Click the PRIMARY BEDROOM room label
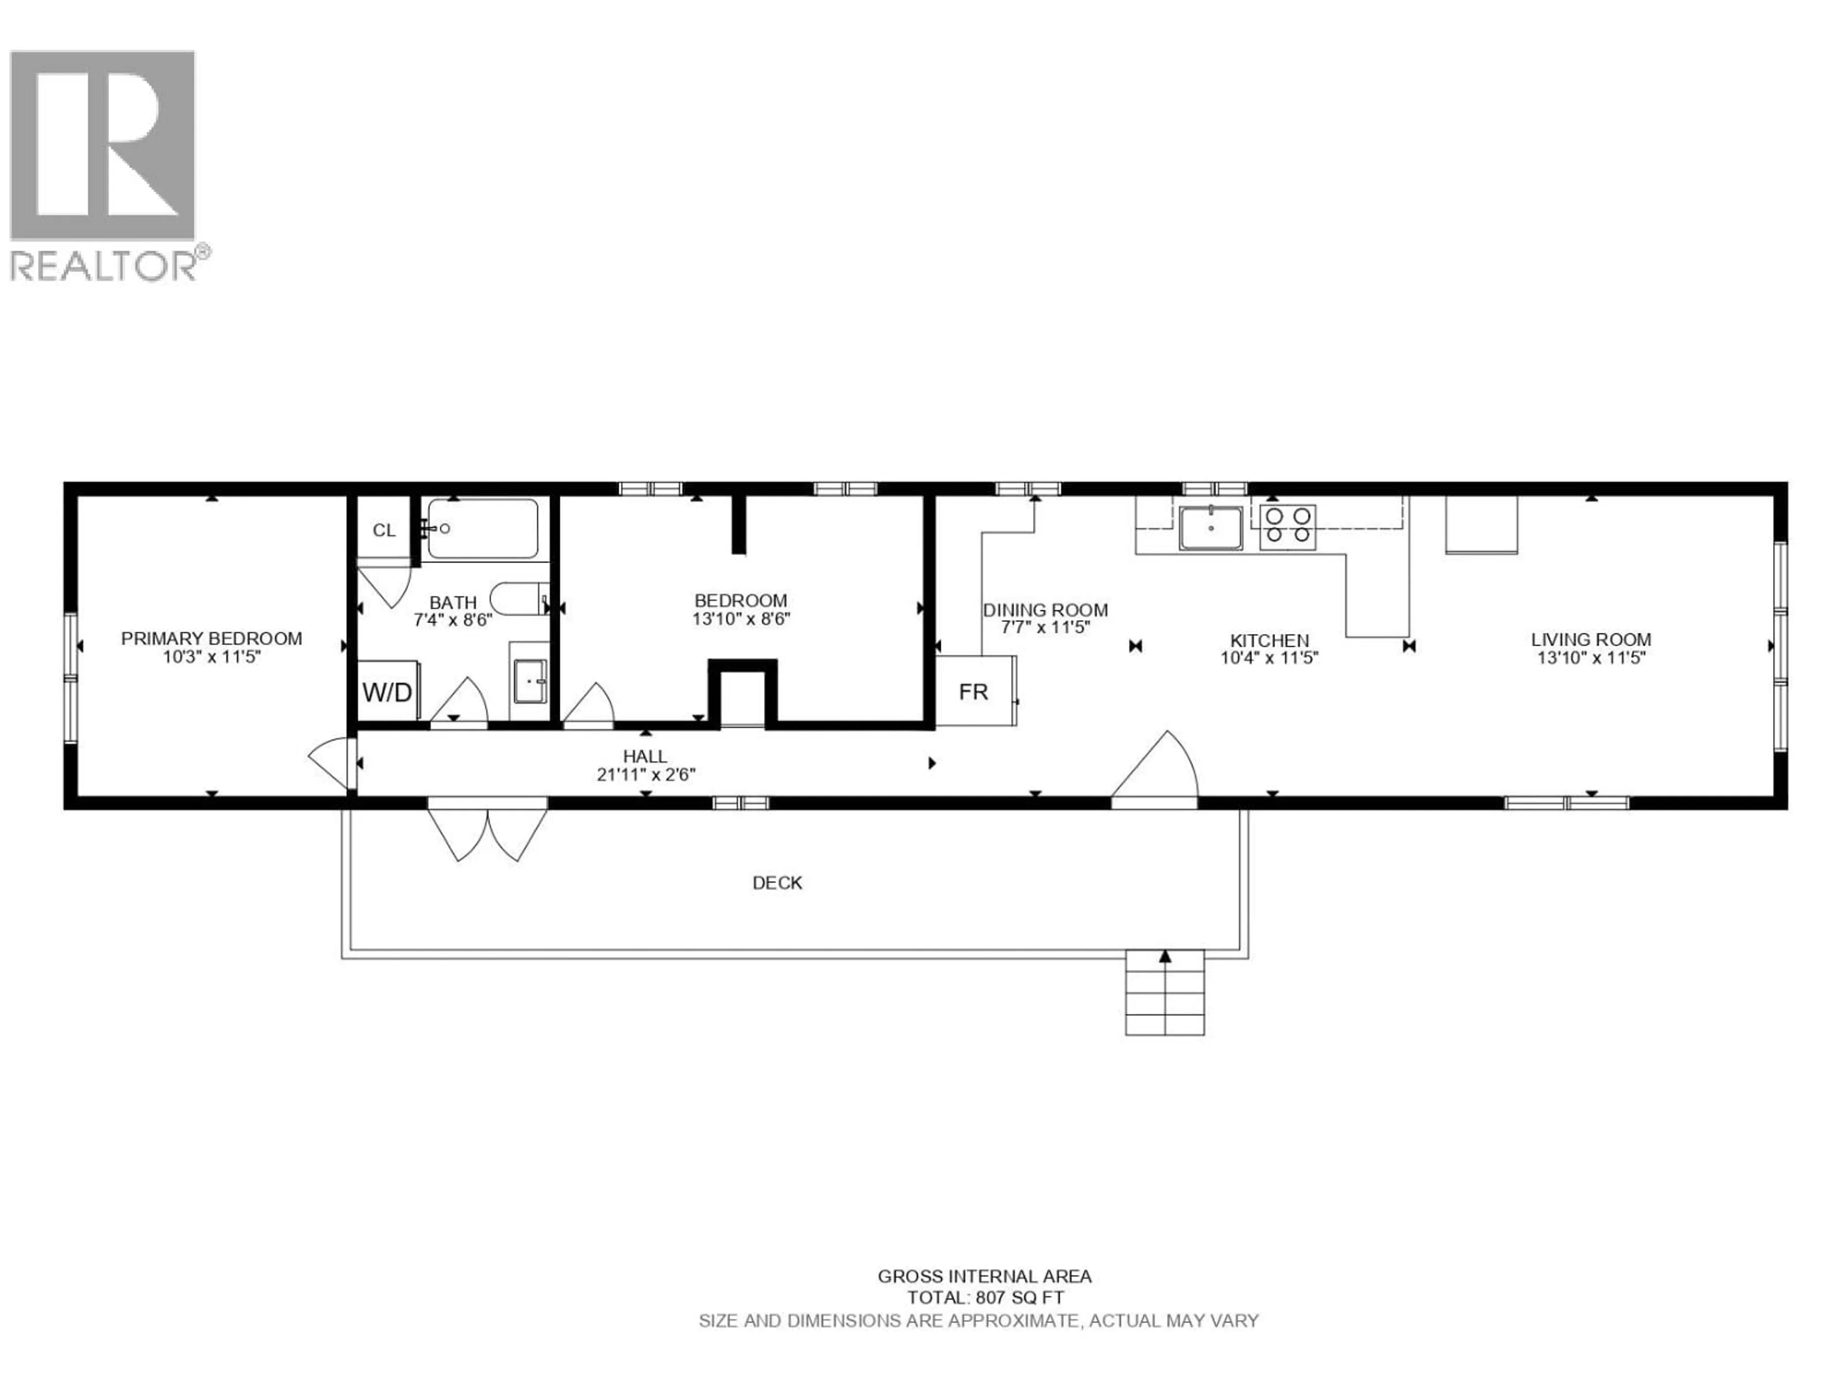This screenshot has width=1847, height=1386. [211, 638]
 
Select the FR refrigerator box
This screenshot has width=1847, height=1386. [974, 692]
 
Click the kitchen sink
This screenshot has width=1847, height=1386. [1210, 528]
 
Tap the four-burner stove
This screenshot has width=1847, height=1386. [1288, 526]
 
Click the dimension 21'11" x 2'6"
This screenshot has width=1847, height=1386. [645, 774]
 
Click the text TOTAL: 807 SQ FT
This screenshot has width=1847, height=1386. [985, 1297]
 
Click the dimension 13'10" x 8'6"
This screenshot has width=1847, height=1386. [741, 619]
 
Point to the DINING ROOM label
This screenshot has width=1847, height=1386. [1045, 610]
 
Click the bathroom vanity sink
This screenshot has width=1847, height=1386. [530, 681]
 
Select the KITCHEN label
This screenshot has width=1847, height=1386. [1269, 640]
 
